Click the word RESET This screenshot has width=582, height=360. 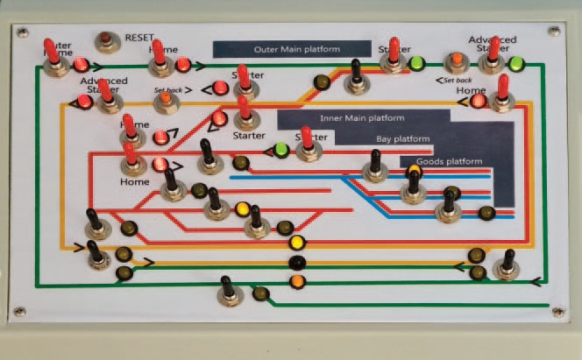coord(139,38)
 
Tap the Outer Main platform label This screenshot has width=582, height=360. coord(295,50)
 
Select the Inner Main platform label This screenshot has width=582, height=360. coord(362,118)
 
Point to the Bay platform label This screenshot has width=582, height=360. coord(402,139)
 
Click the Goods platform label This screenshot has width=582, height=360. coord(449,161)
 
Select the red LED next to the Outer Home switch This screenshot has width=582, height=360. coord(81,64)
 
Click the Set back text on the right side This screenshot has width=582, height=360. coord(453,81)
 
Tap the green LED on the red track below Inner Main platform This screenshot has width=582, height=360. coord(280,150)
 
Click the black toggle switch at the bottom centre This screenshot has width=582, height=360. coord(230,293)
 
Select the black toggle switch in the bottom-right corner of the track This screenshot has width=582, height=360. coord(506,265)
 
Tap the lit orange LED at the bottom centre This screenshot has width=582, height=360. coord(296,281)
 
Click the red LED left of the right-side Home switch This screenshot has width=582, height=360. coord(478,101)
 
